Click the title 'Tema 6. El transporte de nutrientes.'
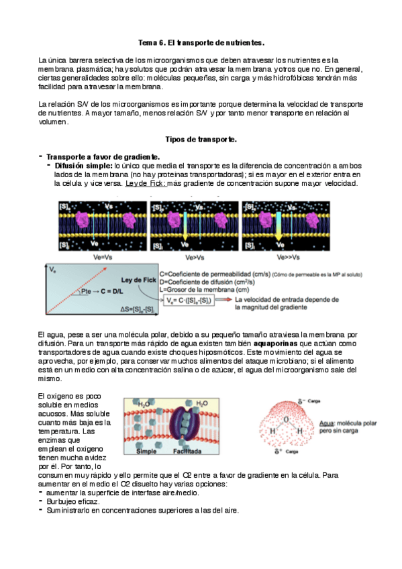point(201,42)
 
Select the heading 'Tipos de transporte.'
point(201,139)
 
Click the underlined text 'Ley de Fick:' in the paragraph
point(145,183)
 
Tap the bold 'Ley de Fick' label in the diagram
point(140,278)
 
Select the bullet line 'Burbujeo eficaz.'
point(72,501)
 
